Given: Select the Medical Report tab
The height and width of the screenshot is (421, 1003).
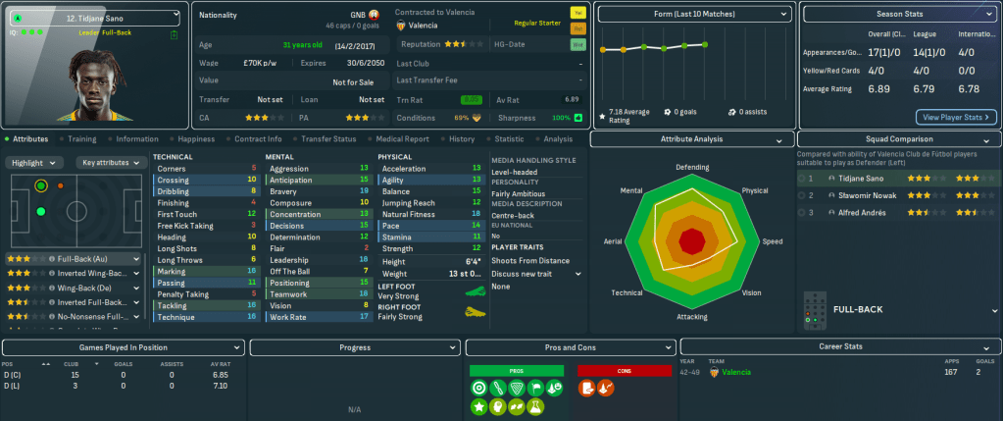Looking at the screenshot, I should click(x=402, y=139).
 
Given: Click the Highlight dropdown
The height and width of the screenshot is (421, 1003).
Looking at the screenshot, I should click(x=36, y=163).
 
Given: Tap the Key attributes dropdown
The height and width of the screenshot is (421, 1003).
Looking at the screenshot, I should click(x=110, y=163).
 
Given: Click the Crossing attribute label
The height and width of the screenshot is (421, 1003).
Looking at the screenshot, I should click(x=174, y=180).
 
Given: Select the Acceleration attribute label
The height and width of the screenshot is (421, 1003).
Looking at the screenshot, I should click(x=404, y=169).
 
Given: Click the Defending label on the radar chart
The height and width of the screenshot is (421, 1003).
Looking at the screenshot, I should click(x=691, y=168).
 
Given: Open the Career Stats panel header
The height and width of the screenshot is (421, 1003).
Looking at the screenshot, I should click(x=839, y=347).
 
